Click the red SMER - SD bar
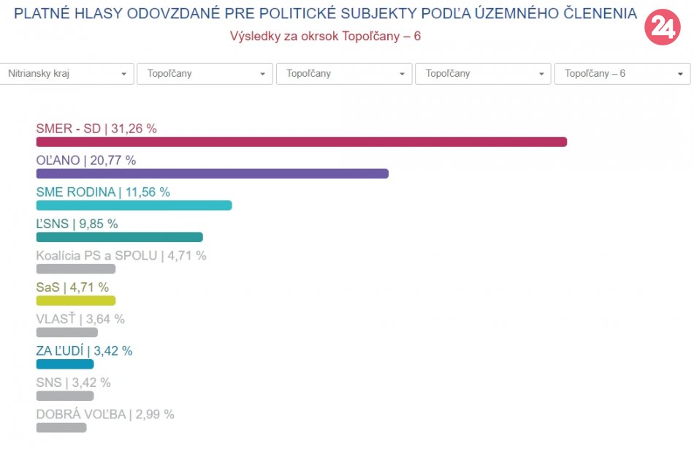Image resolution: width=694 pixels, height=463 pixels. tap(301, 142)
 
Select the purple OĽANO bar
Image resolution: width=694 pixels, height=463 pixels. tap(212, 173)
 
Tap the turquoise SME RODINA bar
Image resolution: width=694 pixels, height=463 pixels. tap(134, 206)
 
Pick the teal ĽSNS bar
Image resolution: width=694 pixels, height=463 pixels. tap(119, 237)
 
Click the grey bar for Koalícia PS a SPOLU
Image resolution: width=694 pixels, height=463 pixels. tap(76, 268)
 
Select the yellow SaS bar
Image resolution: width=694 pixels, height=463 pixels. tap(76, 300)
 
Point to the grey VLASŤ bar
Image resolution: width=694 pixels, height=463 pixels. tap(66, 332)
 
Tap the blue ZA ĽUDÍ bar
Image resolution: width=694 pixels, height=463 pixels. tap(65, 364)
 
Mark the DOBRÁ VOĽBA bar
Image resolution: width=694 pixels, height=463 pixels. tap(61, 427)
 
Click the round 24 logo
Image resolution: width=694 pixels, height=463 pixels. tap(662, 28)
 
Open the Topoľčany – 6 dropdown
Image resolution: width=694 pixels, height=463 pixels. tap(622, 74)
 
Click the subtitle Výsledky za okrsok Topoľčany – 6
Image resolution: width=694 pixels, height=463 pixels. tap(325, 36)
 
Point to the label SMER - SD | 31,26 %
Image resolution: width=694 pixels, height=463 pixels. tap(96, 129)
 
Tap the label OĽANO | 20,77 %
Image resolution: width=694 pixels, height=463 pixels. tap(86, 160)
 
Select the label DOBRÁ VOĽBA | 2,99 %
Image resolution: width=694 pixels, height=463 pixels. tap(105, 414)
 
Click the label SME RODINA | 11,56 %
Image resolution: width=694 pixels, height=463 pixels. tap(103, 192)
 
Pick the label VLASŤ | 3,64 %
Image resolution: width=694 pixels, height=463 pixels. tap(80, 319)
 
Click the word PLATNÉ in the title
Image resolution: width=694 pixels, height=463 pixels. tap(42, 14)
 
